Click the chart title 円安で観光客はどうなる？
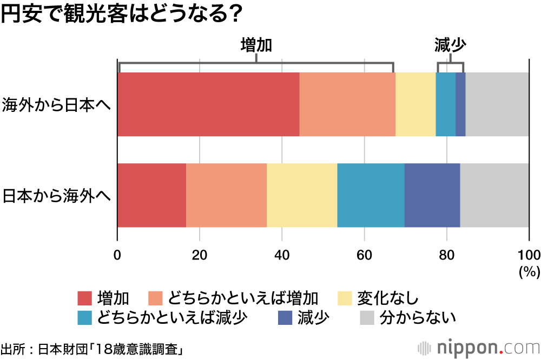click(121, 14)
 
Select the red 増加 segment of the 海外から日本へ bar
click(208, 104)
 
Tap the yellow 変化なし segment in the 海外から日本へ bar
click(415, 104)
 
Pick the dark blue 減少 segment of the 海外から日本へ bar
click(460, 104)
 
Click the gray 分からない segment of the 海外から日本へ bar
click(497, 104)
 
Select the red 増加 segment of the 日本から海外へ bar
click(151, 195)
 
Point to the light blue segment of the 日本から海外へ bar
click(371, 195)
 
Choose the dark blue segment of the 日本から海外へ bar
click(432, 195)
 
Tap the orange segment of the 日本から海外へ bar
click(226, 195)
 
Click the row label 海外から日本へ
click(56, 104)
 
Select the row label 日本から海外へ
click(56, 195)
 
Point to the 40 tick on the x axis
click(282, 255)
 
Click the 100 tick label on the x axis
click(529, 255)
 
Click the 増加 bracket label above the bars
click(255, 45)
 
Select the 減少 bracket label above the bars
click(450, 45)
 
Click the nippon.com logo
click(476, 346)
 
